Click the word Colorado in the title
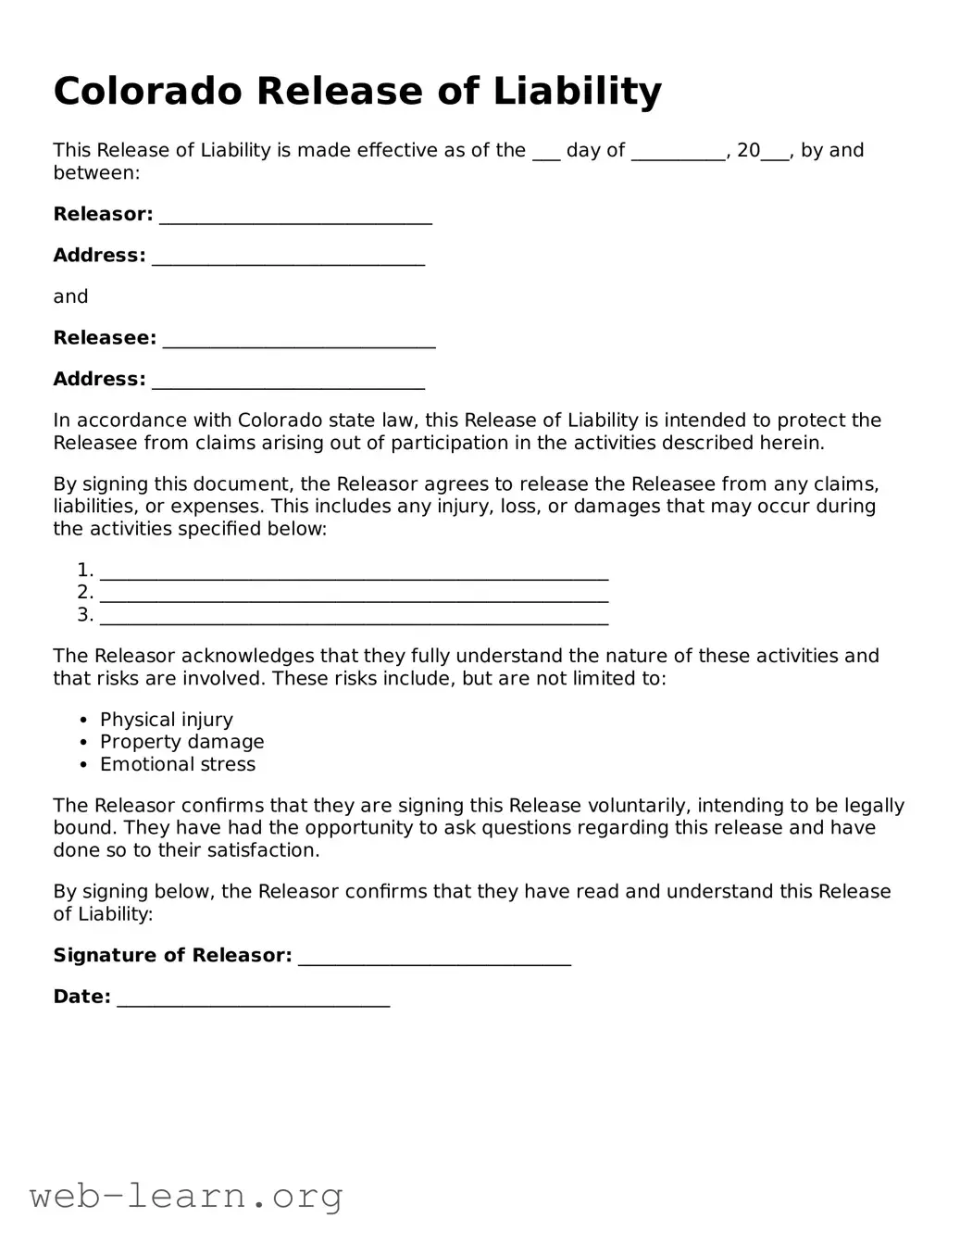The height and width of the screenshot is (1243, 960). (x=148, y=92)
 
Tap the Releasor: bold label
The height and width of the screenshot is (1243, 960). (x=103, y=214)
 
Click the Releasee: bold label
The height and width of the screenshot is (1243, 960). (x=105, y=338)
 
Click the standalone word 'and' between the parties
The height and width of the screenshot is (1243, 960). (x=70, y=296)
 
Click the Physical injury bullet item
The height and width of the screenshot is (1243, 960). (x=167, y=720)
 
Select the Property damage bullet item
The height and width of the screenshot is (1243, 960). (x=181, y=742)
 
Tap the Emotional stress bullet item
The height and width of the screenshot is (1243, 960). (x=178, y=764)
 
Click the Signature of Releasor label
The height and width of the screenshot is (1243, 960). (x=172, y=955)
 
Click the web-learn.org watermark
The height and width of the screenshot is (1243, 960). (x=186, y=1196)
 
